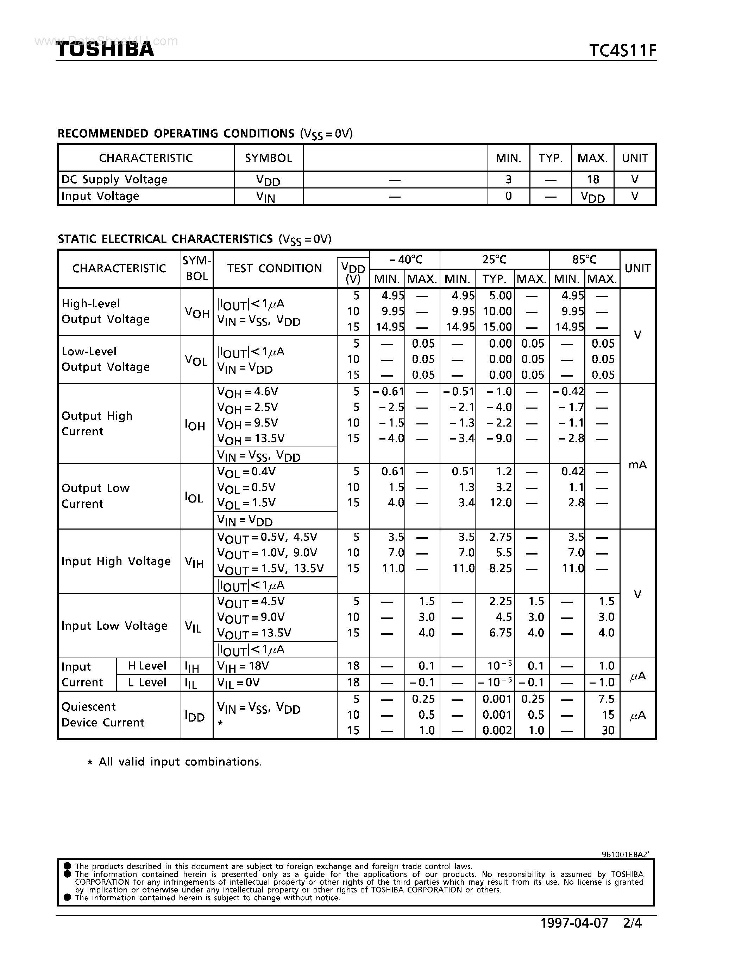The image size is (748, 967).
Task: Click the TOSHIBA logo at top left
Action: pyautogui.click(x=105, y=49)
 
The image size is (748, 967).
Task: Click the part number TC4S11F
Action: pyautogui.click(x=622, y=51)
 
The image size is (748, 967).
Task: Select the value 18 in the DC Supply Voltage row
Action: pyautogui.click(x=592, y=179)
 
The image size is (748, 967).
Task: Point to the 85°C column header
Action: pyautogui.click(x=584, y=260)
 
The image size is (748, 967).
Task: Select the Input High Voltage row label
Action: pyautogui.click(x=116, y=562)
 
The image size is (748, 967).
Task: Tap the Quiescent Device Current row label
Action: pyautogui.click(x=103, y=715)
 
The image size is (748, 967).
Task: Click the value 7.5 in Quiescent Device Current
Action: pyautogui.click(x=606, y=699)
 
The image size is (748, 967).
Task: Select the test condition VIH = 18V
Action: pyautogui.click(x=243, y=667)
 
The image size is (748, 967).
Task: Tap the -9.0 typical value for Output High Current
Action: pyautogui.click(x=499, y=438)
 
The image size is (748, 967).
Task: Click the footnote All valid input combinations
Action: pyautogui.click(x=180, y=762)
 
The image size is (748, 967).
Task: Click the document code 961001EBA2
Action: pyautogui.click(x=625, y=854)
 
